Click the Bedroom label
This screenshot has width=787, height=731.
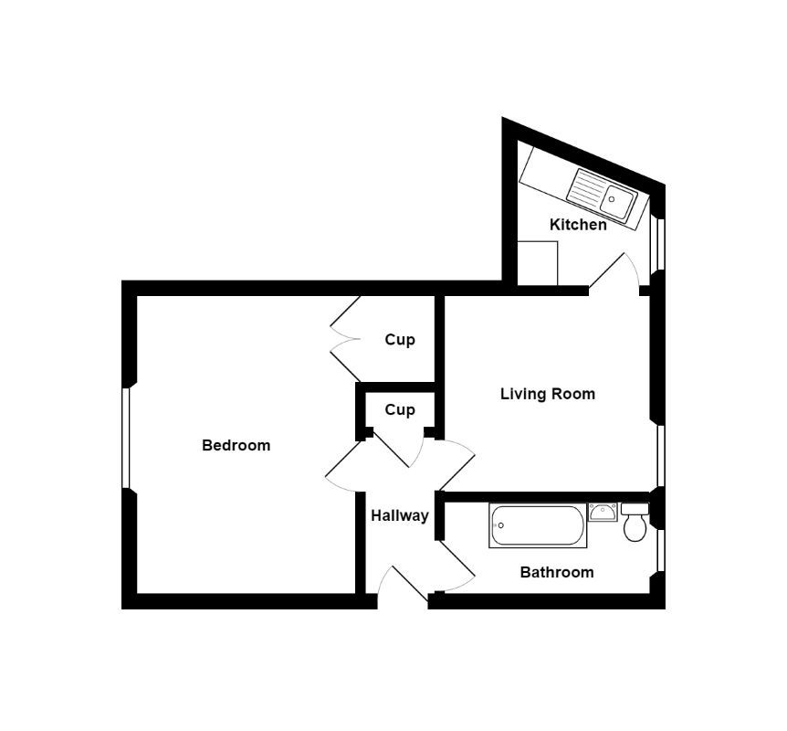click(236, 446)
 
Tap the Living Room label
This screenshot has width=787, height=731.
click(547, 394)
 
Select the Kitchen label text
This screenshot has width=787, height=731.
click(577, 224)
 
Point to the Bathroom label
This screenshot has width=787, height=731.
click(556, 573)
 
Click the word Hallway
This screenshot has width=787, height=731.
click(399, 516)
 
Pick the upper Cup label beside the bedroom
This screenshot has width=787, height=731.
click(399, 340)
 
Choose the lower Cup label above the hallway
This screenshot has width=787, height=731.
click(399, 410)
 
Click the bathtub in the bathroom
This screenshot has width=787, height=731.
click(537, 526)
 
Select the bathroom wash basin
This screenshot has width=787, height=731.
click(603, 512)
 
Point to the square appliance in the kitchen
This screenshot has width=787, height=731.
click(537, 263)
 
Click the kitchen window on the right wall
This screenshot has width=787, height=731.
click(659, 245)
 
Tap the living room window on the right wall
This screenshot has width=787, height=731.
click(659, 454)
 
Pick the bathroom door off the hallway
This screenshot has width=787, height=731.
click(457, 567)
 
